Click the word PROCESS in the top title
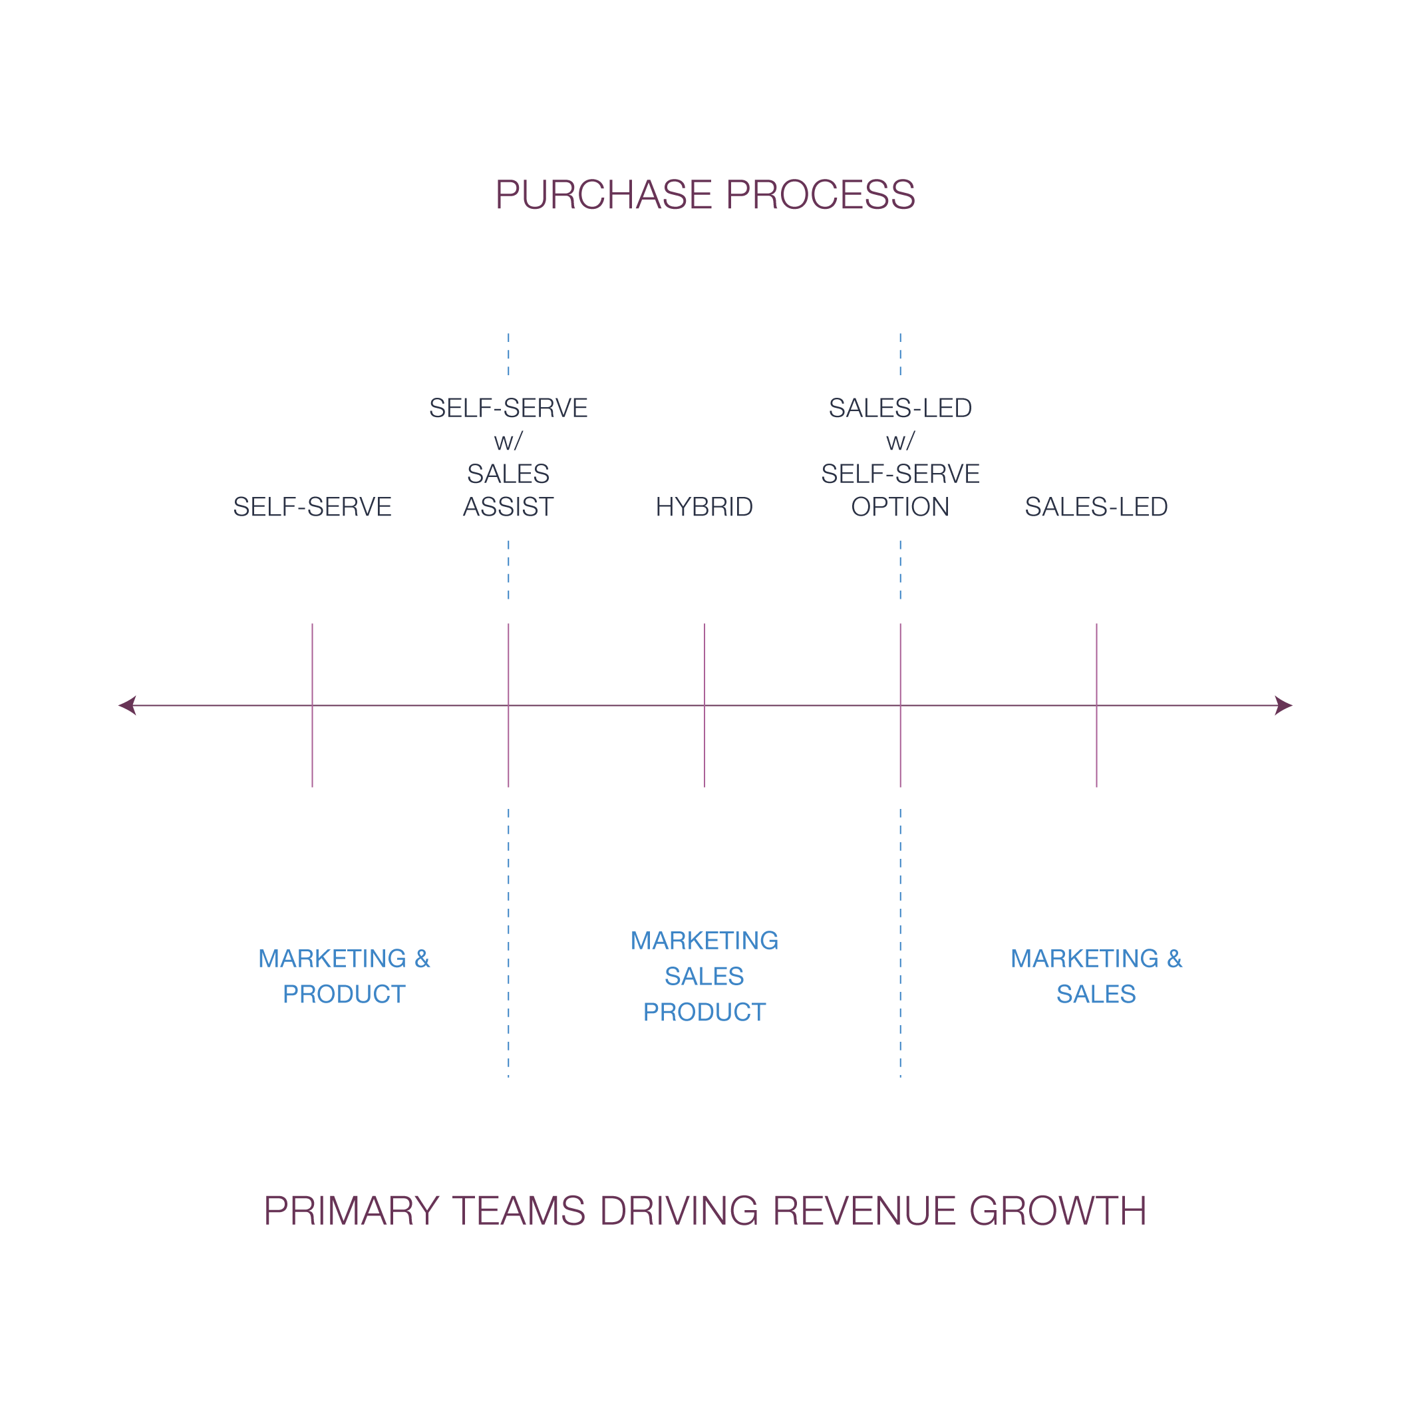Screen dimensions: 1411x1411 (x=820, y=195)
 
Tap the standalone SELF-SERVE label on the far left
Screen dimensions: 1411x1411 (x=312, y=507)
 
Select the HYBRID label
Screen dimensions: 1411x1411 (x=704, y=507)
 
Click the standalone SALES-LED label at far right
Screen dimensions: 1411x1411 (x=1096, y=507)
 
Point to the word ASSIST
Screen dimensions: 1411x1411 (x=508, y=507)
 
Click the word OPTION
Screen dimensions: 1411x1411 (x=900, y=507)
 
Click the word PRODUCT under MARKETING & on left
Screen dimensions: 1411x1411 (x=344, y=994)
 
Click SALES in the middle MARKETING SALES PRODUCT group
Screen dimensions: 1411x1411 (x=704, y=977)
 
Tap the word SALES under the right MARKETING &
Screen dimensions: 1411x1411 (x=1096, y=994)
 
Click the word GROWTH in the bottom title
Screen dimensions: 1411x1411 (x=1058, y=1211)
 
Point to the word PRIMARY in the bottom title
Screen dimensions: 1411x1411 (x=351, y=1211)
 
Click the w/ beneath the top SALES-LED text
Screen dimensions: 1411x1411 (x=900, y=442)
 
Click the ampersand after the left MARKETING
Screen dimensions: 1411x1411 (x=422, y=959)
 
